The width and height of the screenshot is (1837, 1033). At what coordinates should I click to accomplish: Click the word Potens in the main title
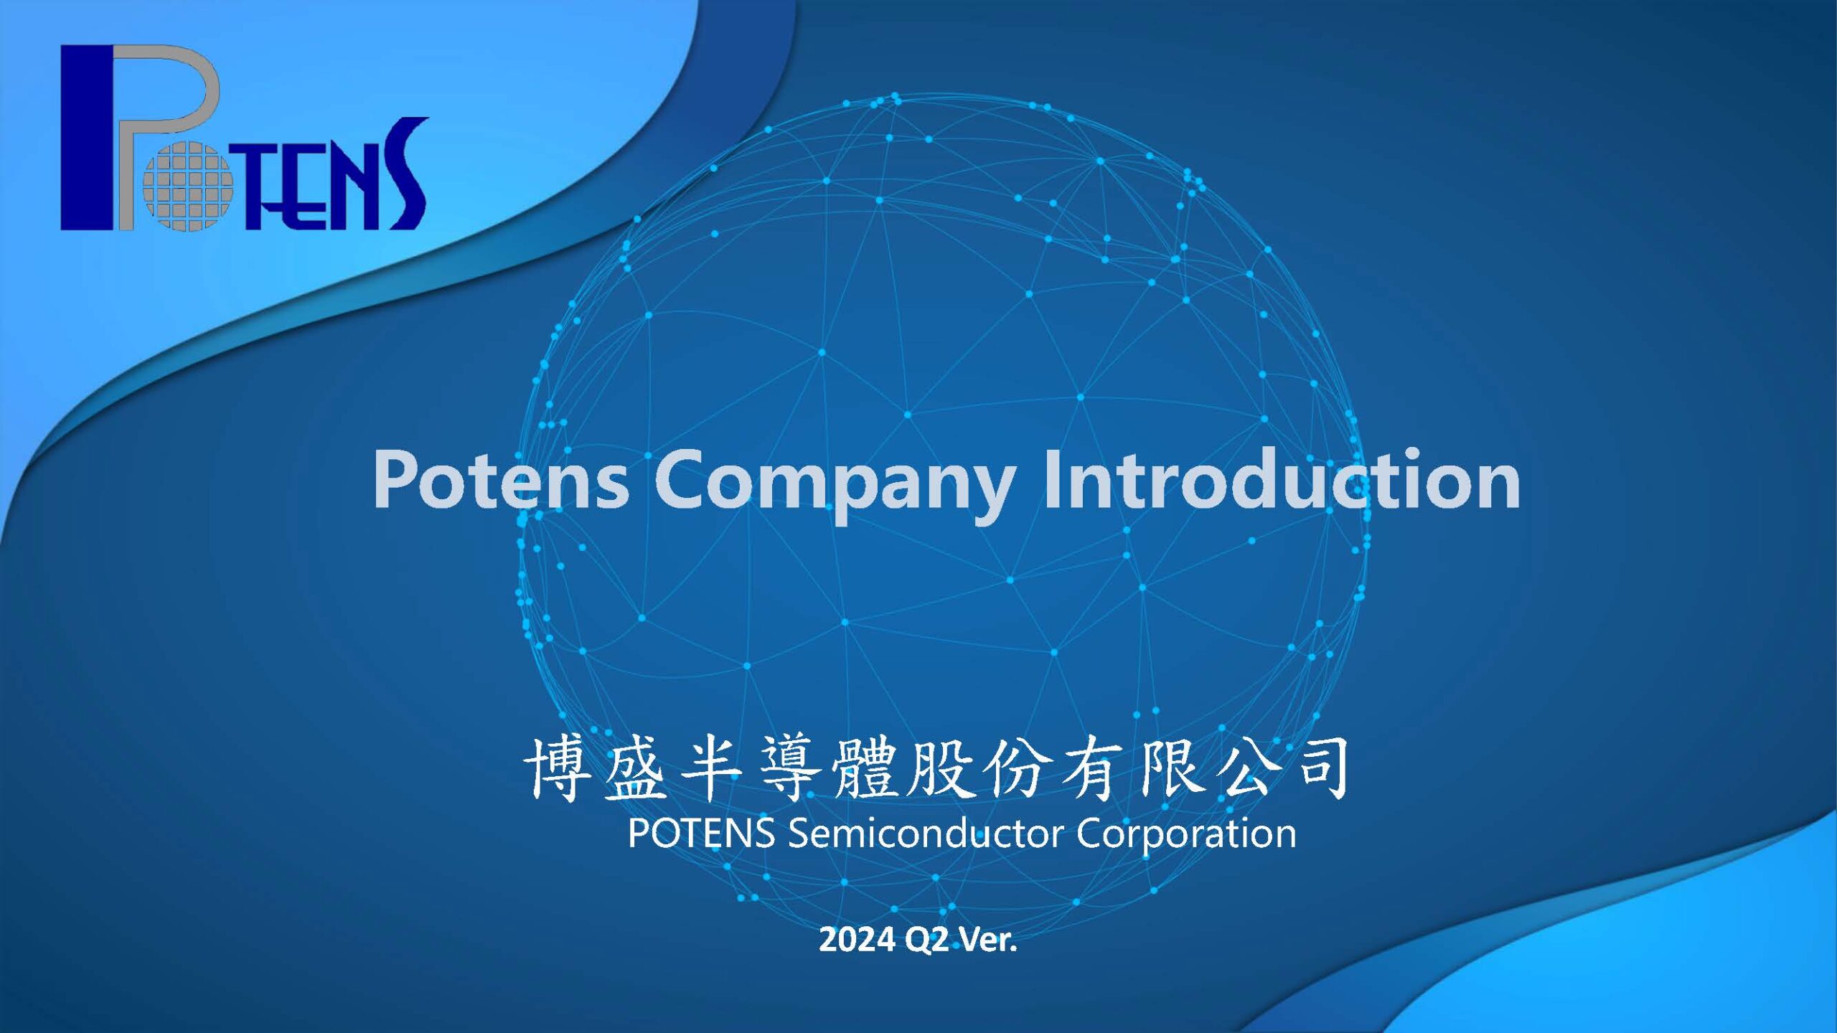(501, 479)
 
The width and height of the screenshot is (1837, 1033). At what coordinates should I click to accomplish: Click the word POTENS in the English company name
(701, 833)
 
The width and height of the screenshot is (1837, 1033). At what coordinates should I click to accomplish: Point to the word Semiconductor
(926, 833)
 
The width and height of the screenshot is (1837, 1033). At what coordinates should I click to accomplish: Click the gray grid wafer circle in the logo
(188, 186)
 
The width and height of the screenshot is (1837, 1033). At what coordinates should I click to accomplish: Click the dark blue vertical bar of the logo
(87, 138)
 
